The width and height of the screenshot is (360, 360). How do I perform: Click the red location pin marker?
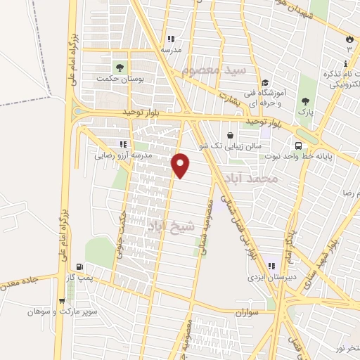(181, 165)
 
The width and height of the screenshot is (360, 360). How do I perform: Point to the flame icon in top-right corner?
(349, 38)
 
